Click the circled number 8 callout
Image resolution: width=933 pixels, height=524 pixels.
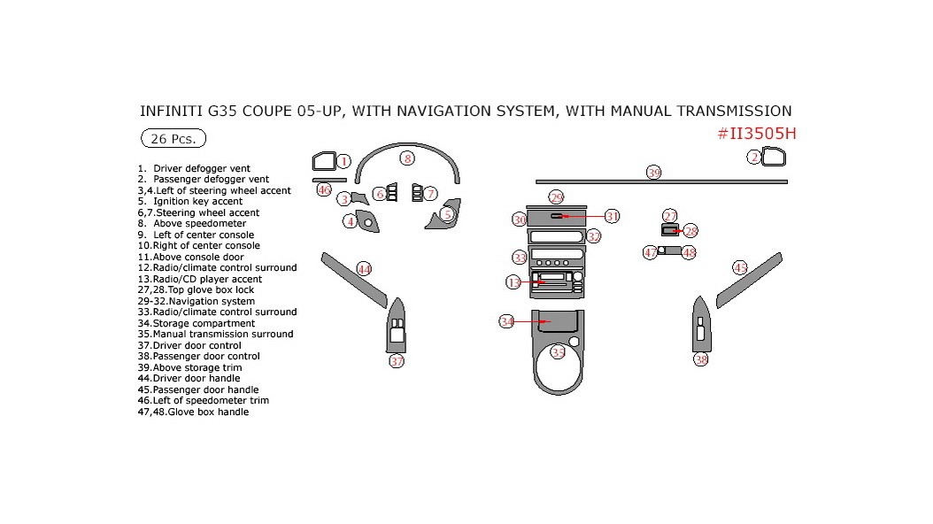406,158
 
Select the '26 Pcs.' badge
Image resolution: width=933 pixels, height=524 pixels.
173,139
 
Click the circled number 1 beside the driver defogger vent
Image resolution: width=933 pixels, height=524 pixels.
343,161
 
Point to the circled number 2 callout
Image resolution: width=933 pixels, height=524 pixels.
754,158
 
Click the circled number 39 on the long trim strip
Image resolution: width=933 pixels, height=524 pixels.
653,173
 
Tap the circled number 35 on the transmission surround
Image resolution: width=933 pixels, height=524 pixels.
558,351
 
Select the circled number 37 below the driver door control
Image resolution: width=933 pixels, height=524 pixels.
397,361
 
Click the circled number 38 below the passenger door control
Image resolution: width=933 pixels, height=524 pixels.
701,359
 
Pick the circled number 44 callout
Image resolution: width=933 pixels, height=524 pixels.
364,268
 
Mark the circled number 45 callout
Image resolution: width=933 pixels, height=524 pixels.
740,267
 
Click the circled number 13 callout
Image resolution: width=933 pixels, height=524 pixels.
513,282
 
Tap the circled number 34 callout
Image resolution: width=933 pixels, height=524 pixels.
506,321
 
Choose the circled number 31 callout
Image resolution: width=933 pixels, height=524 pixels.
612,216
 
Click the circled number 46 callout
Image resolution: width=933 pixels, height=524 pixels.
324,189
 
